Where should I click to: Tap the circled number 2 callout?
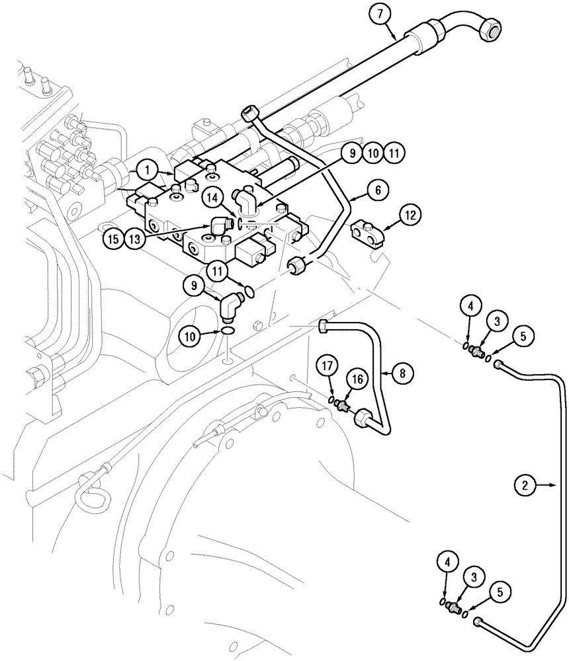[526, 486]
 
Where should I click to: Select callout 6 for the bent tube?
[377, 190]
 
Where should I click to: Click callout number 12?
[410, 215]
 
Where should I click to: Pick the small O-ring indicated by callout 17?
[331, 399]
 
